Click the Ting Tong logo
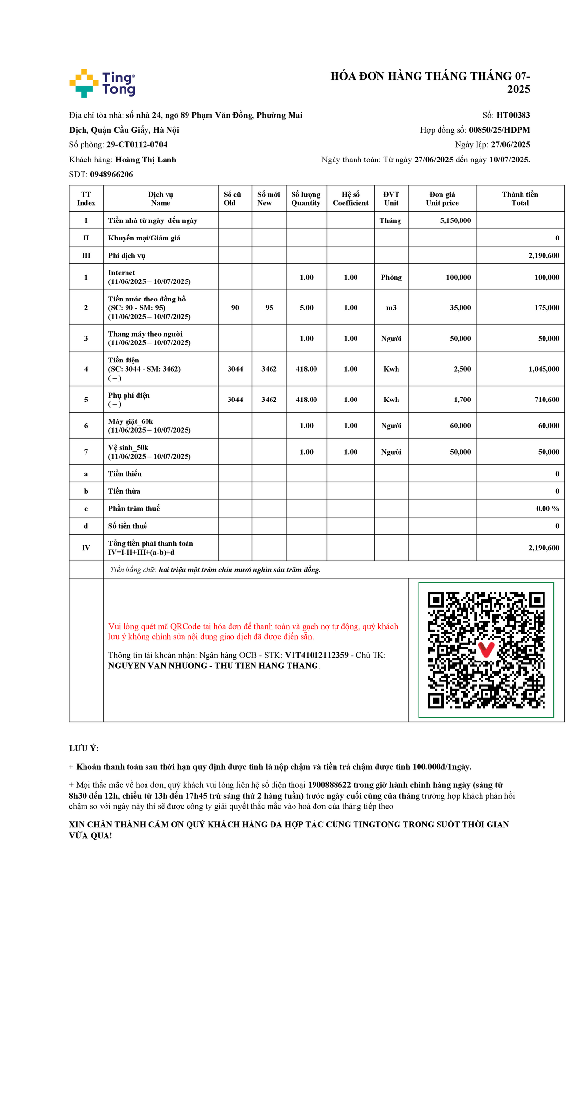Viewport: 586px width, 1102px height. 103,83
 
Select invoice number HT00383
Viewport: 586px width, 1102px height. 513,115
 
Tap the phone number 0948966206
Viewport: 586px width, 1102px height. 111,174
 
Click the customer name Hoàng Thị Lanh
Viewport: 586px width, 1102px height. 146,160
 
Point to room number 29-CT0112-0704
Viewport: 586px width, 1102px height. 137,145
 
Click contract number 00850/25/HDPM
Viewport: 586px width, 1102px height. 499,130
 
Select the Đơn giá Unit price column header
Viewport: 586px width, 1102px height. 442,199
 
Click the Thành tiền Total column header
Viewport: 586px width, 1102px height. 520,199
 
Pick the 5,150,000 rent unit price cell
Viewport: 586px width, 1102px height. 455,220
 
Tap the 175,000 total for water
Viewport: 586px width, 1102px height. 546,308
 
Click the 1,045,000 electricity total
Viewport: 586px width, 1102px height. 544,369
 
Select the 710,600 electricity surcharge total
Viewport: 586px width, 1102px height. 546,400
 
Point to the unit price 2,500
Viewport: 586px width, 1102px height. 462,369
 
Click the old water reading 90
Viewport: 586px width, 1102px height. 235,308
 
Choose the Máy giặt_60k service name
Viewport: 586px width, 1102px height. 130,421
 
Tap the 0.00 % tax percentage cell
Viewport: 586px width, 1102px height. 547,508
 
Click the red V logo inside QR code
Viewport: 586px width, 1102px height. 486,649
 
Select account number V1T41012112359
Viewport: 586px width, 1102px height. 316,655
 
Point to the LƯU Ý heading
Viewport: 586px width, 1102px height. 84,748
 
